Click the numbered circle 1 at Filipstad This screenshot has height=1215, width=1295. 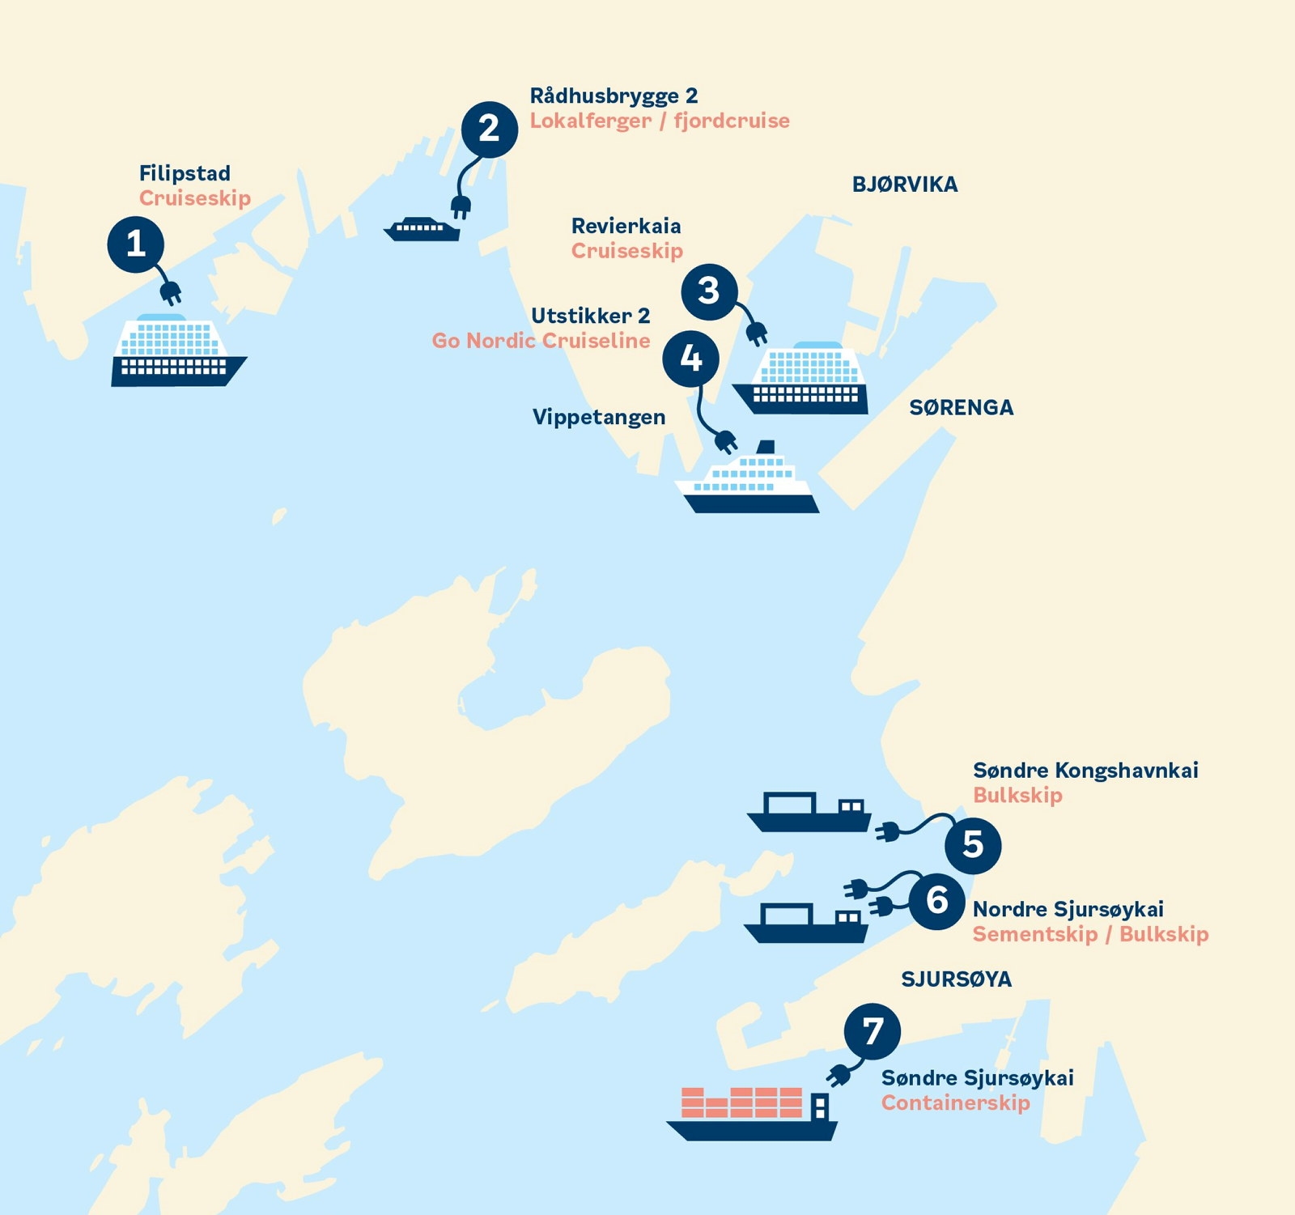coord(136,244)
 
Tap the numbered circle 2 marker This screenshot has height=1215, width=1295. coord(490,130)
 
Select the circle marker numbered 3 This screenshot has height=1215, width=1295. coord(709,291)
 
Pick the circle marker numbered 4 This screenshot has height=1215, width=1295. coord(690,359)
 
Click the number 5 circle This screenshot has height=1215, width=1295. coord(973,845)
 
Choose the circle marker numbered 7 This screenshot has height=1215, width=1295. coord(872,1031)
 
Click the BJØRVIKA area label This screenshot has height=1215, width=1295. coord(905,185)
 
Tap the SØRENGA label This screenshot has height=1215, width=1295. coord(961,407)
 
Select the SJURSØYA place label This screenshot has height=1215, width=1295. coord(956,979)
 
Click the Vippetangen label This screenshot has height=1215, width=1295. coord(599,418)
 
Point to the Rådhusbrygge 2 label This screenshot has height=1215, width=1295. coord(614,96)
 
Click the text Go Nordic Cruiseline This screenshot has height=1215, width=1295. coord(541,341)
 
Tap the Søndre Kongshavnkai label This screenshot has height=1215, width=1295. coord(1085,770)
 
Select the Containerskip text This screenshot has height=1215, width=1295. coord(955,1102)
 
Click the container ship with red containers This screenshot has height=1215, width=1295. coord(752,1115)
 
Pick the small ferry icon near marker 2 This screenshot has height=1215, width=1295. coord(422,229)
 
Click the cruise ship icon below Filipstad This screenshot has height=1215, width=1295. coord(177,352)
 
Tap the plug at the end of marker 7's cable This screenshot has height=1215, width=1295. coord(839,1075)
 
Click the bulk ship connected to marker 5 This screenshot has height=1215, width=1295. coord(809,813)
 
